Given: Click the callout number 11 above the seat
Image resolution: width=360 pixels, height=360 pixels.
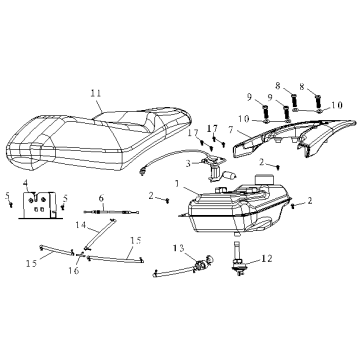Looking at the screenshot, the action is coord(95,94).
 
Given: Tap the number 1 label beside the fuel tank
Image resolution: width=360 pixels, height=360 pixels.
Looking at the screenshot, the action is coord(178,184).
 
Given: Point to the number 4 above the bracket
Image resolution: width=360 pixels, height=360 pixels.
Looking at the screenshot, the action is coord(26,183).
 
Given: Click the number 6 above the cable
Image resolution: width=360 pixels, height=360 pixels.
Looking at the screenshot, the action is coord(101,199).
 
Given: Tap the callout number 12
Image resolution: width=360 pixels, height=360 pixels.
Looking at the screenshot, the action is coord(267,258).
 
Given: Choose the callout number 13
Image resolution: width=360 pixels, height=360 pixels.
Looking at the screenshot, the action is coord(178,248).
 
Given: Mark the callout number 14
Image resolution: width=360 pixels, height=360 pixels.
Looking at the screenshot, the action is coord(81,225).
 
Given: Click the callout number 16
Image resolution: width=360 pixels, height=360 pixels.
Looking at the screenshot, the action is coord(74,271).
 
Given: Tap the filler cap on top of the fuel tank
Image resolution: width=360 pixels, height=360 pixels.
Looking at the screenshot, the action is coord(264,180).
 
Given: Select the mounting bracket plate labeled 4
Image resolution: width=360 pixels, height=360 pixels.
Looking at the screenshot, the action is coord(39,205).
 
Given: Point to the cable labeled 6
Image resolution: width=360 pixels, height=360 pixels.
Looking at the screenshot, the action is coord(111,212).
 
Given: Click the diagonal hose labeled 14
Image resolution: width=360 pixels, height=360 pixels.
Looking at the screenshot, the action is coord(100,233).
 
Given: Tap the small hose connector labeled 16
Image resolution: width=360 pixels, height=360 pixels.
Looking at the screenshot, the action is coord(80,255).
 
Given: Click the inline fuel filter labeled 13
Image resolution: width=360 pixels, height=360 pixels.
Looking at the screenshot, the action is coord(201,265).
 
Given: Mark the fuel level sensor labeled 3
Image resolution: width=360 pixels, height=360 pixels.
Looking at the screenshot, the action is coord(213,168).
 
